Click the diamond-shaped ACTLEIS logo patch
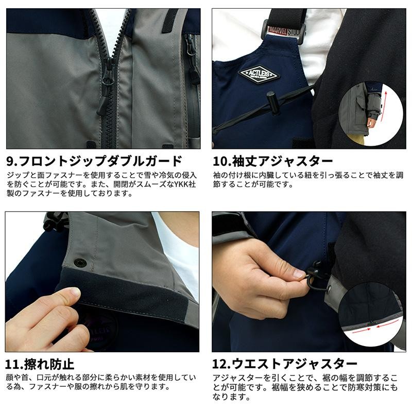pos(259,74)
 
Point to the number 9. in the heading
pos(12,161)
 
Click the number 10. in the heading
pos(222,161)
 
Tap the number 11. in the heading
pos(14,365)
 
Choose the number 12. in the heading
pos(221,364)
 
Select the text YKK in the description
pos(182,184)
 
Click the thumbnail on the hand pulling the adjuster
pos(299,274)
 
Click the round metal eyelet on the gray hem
pos(329,289)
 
